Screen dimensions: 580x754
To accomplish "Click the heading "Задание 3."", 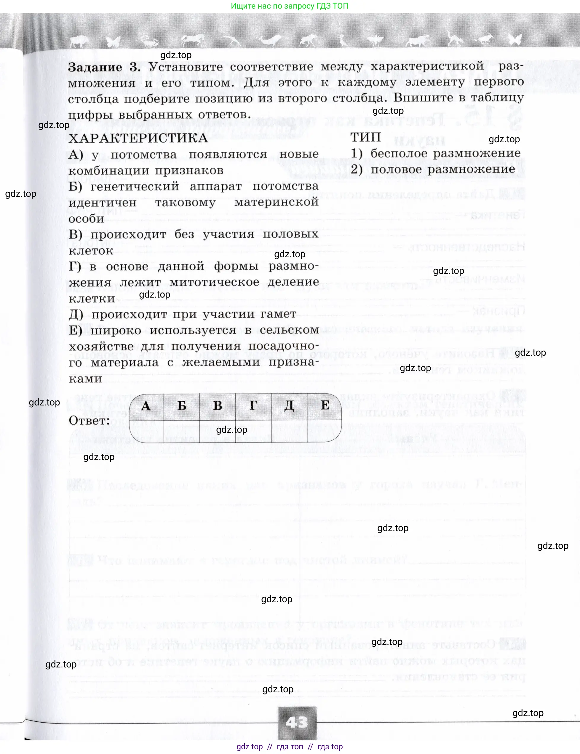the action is (104, 67).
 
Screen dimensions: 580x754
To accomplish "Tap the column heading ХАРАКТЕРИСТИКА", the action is (138, 138).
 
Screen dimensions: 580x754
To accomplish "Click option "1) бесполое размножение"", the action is (436, 153).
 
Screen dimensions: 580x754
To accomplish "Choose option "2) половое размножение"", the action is (433, 170).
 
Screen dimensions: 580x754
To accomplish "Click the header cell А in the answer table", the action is (146, 406).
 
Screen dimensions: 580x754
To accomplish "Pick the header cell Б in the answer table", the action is (182, 406).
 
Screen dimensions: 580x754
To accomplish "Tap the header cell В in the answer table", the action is (218, 406).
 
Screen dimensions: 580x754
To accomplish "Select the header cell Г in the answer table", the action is (253, 406).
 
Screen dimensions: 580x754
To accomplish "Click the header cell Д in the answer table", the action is (289, 406).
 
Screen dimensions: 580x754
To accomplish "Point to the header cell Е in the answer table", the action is (325, 405).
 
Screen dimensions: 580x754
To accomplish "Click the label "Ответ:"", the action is (90, 421).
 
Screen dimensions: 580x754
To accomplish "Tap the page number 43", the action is (297, 722).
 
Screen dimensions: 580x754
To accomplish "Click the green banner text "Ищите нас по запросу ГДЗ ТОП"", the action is (290, 6).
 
